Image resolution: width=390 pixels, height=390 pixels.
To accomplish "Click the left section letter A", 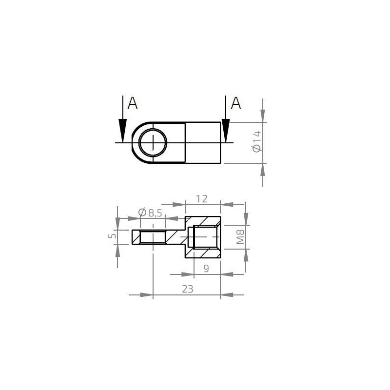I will (x=132, y=103).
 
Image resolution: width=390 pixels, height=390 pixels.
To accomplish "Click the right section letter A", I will (x=235, y=103).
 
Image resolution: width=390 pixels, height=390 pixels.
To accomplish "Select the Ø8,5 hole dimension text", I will (x=150, y=213).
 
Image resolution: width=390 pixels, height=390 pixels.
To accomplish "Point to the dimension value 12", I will (x=201, y=198).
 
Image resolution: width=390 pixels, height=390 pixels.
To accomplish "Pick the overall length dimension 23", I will (x=187, y=289).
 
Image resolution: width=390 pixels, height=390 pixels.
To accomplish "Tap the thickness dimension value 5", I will (x=112, y=236).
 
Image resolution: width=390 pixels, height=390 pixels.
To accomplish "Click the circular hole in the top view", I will (x=153, y=142).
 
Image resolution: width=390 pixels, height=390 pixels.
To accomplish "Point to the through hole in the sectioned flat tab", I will (x=153, y=237).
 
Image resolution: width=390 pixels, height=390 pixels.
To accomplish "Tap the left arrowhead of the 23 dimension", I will (x=146, y=294).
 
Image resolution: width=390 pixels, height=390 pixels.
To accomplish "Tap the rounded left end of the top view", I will (x=135, y=142).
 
